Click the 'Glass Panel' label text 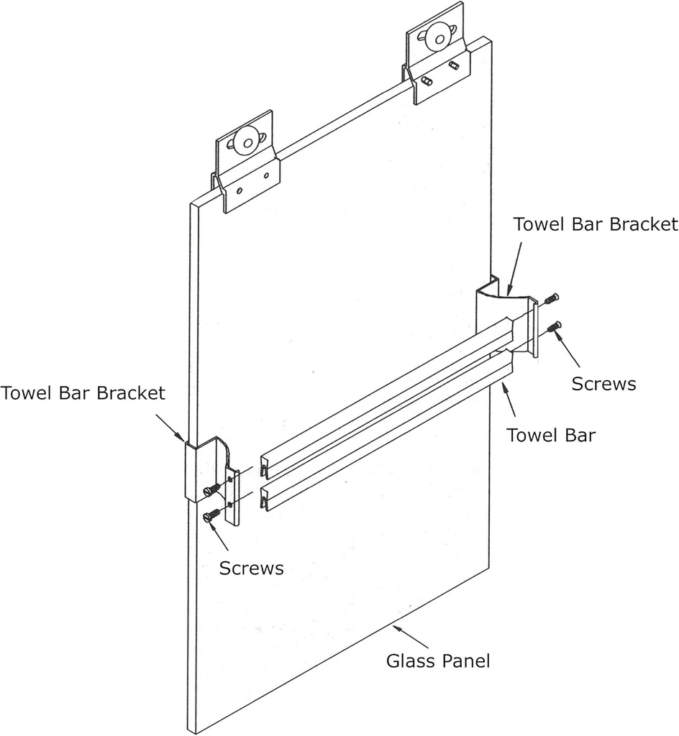pos(438,660)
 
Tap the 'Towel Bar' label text pos(551,435)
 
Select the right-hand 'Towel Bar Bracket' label pos(596,224)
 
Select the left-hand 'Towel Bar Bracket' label pos(83,393)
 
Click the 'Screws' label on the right pos(603,384)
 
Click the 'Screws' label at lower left pos(252,568)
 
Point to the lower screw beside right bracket pos(554,328)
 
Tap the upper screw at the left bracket pos(210,490)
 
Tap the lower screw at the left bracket pos(211,515)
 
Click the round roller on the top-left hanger pos(247,142)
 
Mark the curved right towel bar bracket pos(496,309)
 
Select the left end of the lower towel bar pos(266,497)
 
